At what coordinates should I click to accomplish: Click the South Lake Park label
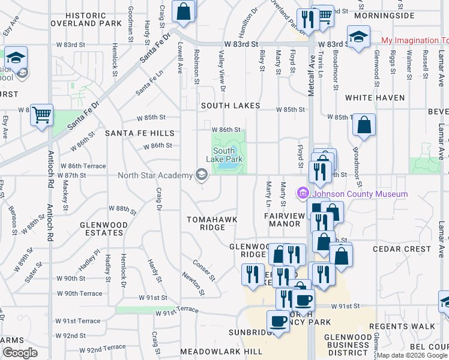coord(223,155)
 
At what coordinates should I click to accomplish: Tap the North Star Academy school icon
coord(202,175)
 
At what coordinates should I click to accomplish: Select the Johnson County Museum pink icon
coord(303,194)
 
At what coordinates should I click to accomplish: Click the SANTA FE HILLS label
coord(139,133)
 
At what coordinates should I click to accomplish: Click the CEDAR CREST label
coord(402,249)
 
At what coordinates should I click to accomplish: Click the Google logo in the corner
coord(20,353)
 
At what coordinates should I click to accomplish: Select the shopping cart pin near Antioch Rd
coord(41,114)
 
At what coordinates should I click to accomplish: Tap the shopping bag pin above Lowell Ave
coord(184,11)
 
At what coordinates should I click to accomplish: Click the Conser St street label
coord(204,270)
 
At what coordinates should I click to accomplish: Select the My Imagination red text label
coord(415,41)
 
